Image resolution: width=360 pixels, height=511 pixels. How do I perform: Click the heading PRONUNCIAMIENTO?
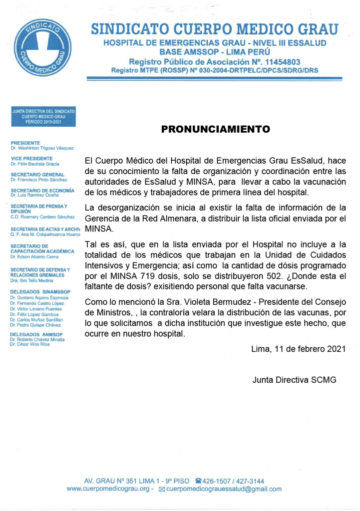(215, 129)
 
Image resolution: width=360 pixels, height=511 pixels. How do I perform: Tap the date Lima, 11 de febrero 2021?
(298, 349)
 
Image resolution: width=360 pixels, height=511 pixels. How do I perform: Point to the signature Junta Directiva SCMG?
(294, 380)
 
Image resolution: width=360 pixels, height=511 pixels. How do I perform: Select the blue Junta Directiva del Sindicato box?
(43, 116)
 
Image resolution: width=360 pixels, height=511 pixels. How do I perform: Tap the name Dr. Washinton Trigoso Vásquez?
(42, 148)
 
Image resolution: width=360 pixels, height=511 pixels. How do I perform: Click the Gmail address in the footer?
(223, 489)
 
